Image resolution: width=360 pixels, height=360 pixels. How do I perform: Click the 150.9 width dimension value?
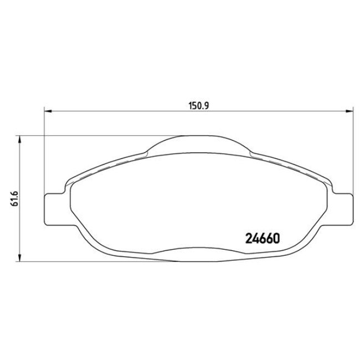(198, 105)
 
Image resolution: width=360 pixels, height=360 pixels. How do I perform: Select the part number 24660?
(263, 239)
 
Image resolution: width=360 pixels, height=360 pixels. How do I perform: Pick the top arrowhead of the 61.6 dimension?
(20, 138)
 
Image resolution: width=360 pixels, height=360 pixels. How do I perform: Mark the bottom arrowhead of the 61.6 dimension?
(20, 258)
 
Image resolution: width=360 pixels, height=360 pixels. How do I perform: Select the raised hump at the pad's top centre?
(198, 142)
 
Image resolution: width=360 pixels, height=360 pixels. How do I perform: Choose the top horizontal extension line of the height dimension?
(83, 135)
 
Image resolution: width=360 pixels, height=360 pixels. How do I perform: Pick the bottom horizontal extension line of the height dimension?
(83, 261)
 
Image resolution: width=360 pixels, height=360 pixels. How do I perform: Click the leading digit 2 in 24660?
(248, 239)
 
